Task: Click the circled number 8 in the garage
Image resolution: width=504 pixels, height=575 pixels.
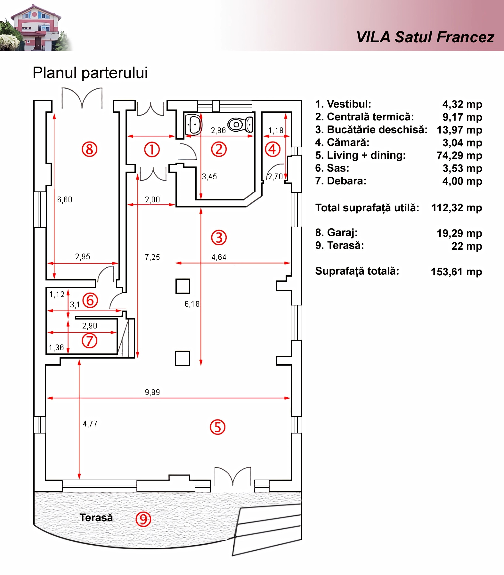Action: pos(89,149)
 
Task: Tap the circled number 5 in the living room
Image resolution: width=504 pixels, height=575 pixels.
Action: pos(217,427)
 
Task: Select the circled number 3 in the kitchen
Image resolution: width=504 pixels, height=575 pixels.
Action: pos(219,238)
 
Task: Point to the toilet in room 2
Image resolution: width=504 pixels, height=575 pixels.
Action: pos(240,124)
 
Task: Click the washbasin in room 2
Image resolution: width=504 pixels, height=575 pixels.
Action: pos(193,124)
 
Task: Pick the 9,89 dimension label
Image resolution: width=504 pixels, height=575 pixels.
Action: pos(152,392)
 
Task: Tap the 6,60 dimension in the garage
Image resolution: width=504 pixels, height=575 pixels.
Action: pos(65,199)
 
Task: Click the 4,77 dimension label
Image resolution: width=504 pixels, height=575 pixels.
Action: pos(90,424)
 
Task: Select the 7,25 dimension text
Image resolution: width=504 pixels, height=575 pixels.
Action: pos(152,257)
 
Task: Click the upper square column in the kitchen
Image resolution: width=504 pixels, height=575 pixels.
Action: pos(183,286)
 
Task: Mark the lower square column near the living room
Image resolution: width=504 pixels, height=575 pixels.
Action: pos(183,359)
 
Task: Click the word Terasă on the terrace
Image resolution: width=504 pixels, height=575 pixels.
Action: pos(96,518)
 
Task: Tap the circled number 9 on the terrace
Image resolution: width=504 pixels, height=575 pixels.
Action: pos(143,519)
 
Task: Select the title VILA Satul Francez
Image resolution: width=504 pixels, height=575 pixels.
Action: pos(425,37)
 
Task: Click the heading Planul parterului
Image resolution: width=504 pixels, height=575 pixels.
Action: pos(90,73)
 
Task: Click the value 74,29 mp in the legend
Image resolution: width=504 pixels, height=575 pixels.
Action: pos(459,156)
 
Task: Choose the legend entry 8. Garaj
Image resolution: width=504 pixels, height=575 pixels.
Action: pos(336,233)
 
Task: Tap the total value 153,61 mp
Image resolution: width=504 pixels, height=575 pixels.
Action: pos(457,272)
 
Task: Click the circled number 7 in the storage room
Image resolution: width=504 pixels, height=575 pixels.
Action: pos(89,341)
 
